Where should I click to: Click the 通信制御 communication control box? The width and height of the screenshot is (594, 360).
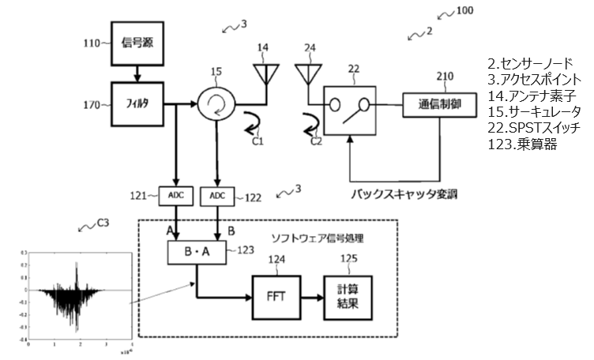[439, 103]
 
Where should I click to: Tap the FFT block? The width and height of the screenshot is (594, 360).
[275, 297]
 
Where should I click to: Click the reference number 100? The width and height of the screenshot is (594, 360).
[466, 11]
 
